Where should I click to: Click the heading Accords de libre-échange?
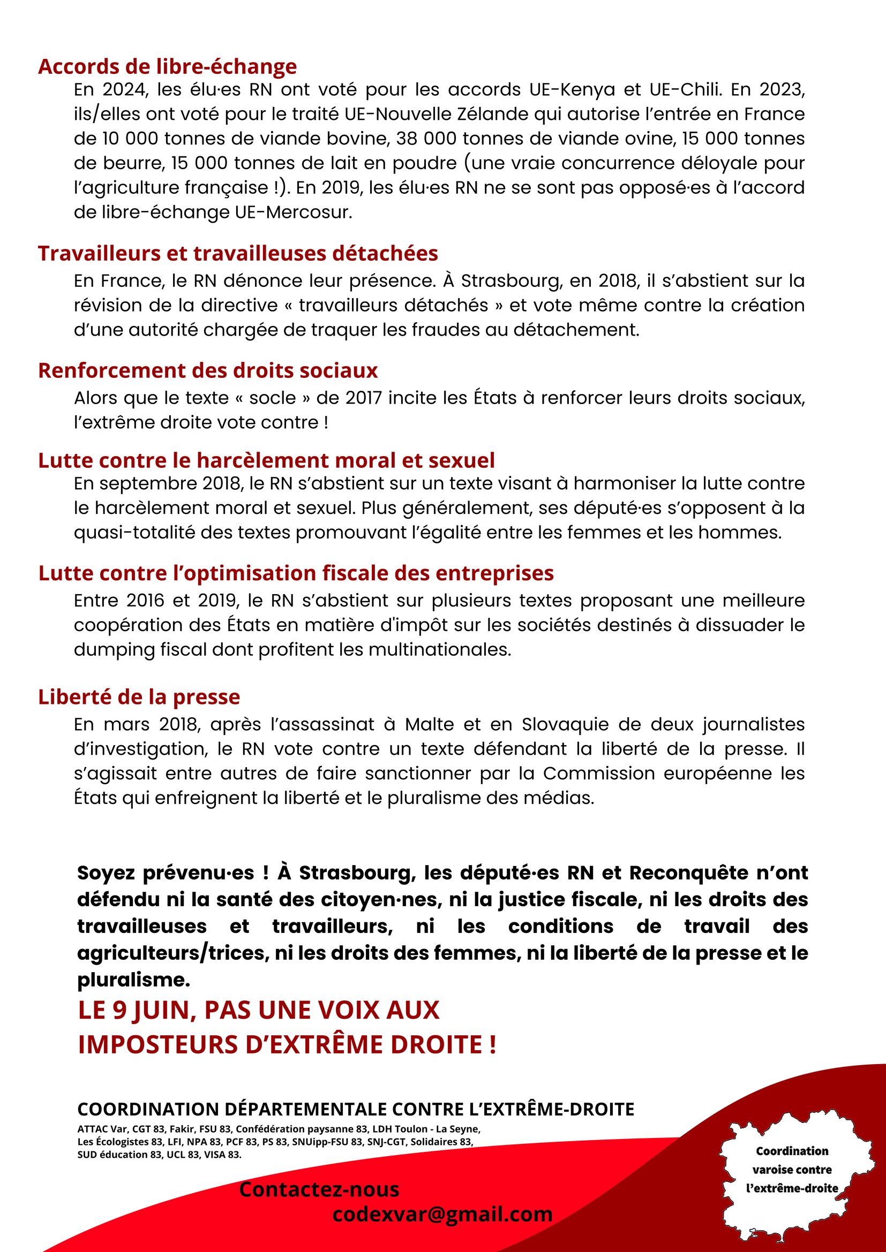(x=168, y=66)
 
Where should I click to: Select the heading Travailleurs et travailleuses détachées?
(x=238, y=254)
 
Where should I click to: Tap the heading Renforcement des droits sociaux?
(x=208, y=371)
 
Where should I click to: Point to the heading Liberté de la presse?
(x=139, y=697)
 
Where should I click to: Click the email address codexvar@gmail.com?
(x=442, y=1214)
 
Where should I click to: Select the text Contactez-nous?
(x=319, y=1189)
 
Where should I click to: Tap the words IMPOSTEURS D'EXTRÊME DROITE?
(x=287, y=1044)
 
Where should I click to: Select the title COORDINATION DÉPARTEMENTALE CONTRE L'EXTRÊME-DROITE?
(x=356, y=1109)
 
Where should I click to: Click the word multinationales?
(x=439, y=649)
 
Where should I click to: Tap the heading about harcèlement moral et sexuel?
(x=266, y=461)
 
